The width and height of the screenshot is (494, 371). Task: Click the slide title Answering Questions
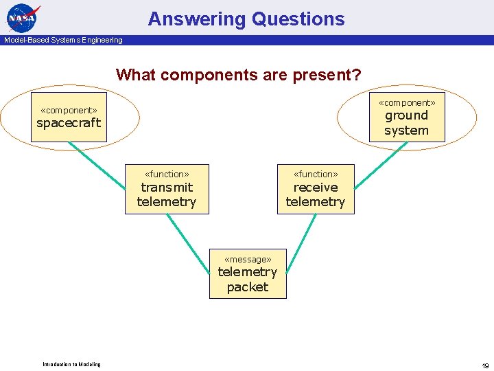coord(246,19)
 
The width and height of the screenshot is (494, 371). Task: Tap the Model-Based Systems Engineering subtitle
coord(63,40)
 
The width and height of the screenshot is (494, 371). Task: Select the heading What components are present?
coord(239,74)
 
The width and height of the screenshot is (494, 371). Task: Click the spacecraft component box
coord(69,123)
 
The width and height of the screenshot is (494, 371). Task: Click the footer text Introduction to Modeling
coord(71,364)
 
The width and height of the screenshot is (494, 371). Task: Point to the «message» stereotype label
coord(248,259)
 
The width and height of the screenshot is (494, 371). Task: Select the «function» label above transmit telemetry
coord(167,174)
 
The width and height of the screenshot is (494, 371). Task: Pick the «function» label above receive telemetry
coord(316,174)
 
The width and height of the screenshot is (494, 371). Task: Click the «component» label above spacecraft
coord(69,110)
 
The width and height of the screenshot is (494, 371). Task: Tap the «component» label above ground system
coord(407,102)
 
